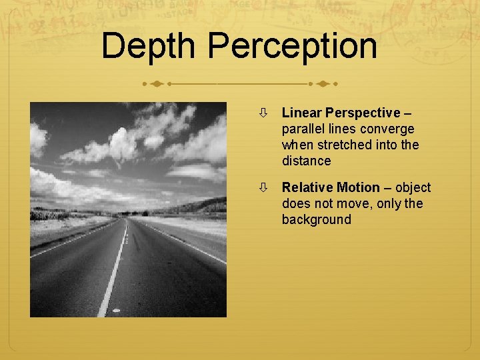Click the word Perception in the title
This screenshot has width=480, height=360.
[x=293, y=47]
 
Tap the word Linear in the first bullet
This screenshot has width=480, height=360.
[x=301, y=113]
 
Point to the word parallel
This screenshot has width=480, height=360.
[x=303, y=129]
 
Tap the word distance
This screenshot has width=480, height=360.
[x=306, y=161]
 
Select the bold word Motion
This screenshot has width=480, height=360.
[x=358, y=187]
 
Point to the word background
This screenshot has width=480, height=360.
[x=316, y=219]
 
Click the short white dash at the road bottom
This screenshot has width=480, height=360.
[x=117, y=311]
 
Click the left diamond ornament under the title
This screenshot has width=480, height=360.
[x=156, y=85]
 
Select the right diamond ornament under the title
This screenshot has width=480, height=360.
[x=324, y=85]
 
